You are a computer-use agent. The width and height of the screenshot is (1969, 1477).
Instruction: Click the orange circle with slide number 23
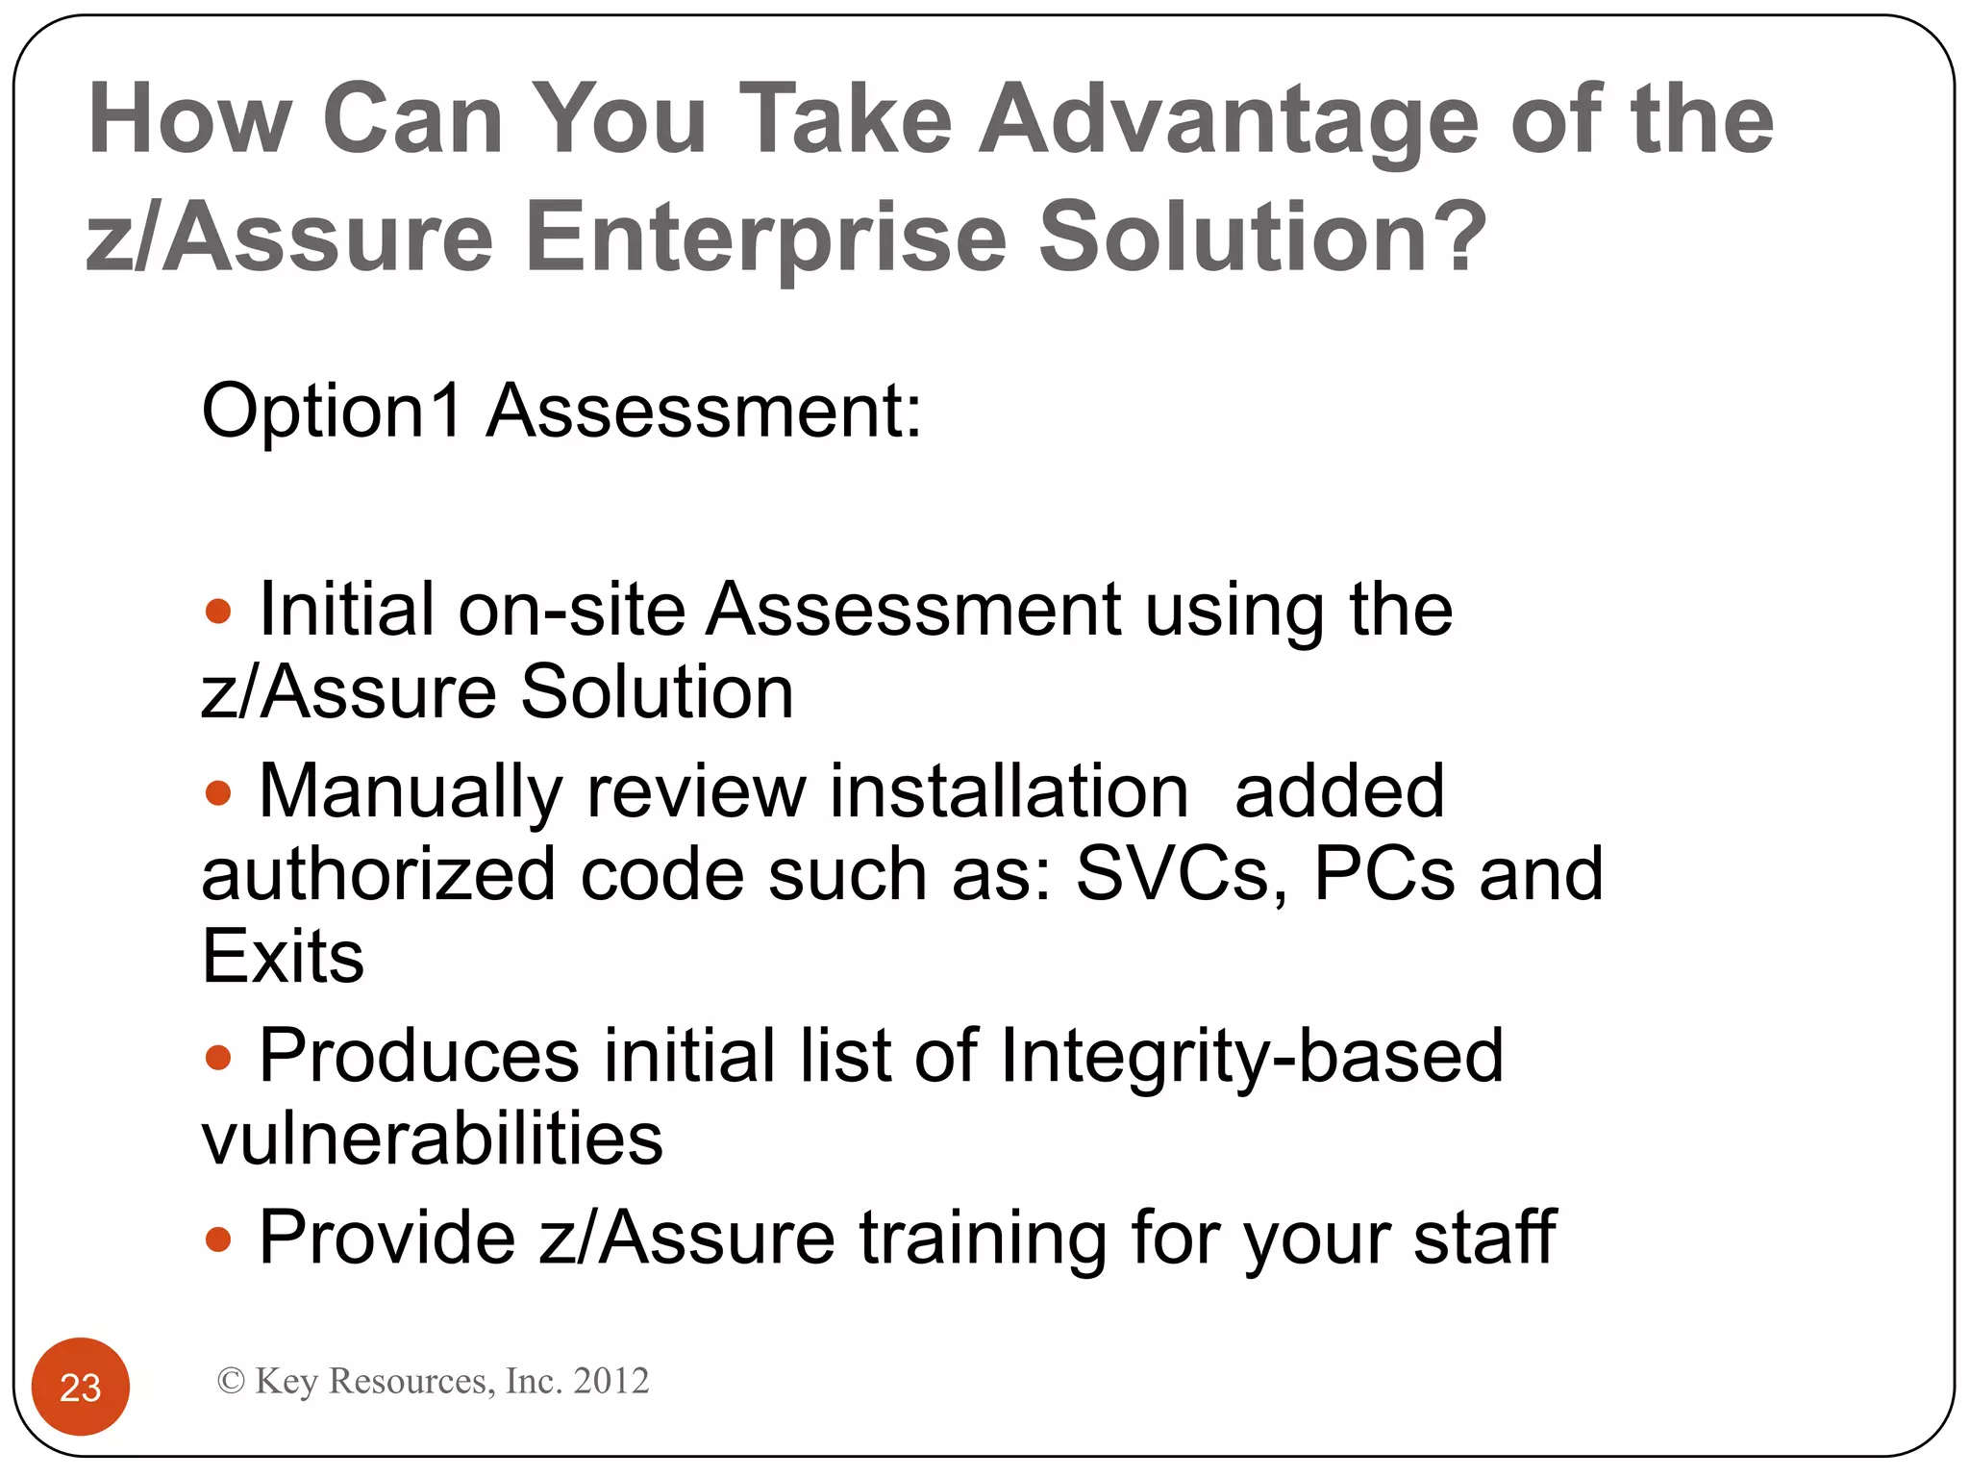[81, 1386]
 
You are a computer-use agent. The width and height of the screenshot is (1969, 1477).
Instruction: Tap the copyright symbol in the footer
[230, 1381]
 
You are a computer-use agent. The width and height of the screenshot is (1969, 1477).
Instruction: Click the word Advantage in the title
[1232, 120]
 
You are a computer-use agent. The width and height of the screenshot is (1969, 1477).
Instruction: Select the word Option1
[332, 412]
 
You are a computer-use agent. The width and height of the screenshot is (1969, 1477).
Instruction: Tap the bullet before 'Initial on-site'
[219, 612]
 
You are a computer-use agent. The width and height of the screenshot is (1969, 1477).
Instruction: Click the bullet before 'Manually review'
[219, 793]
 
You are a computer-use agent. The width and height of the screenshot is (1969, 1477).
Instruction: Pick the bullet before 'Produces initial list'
[219, 1058]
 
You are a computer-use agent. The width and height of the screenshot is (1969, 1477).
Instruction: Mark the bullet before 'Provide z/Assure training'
[219, 1239]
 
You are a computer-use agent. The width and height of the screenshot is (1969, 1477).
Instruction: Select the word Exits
[283, 957]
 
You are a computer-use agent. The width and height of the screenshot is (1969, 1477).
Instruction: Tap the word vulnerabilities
[432, 1139]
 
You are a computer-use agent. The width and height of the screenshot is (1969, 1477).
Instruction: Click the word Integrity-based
[1252, 1057]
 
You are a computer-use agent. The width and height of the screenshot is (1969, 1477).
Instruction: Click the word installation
[1009, 791]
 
